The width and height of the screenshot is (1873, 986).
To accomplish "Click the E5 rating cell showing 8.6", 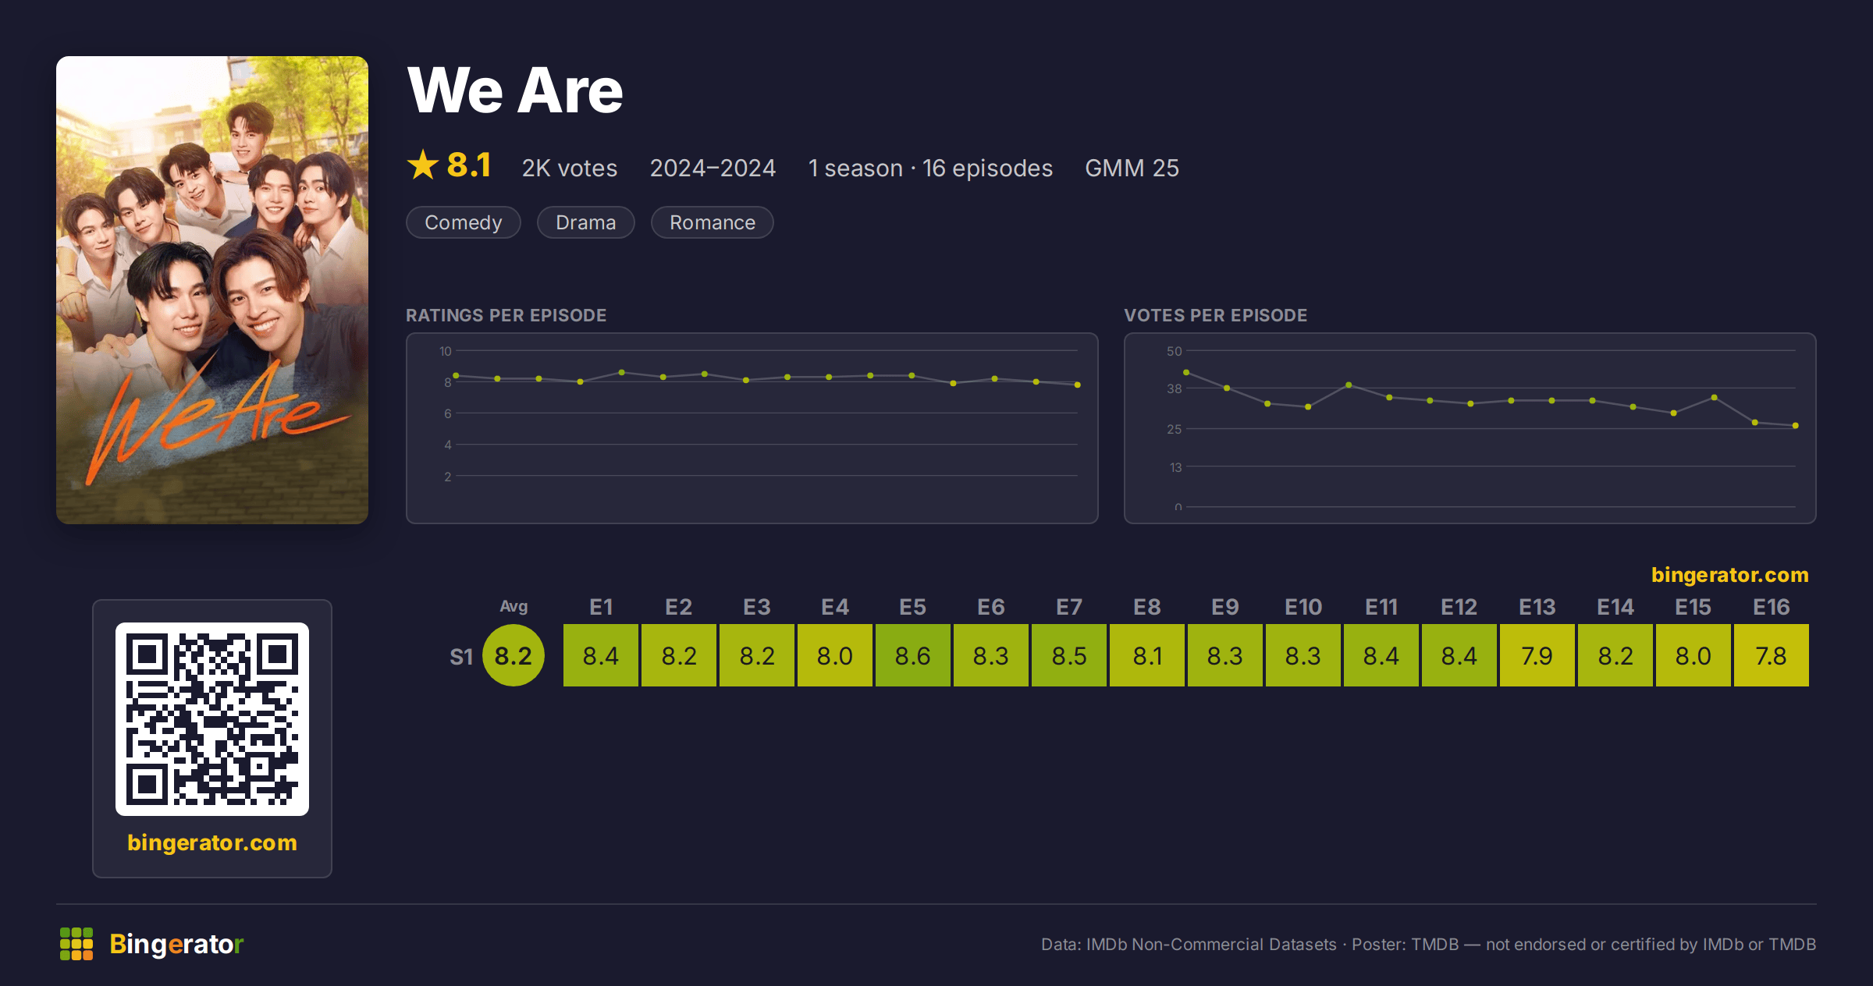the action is point(913,655).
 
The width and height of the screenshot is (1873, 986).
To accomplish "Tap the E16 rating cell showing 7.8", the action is point(1772,655).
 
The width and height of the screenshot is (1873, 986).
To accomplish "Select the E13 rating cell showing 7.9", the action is point(1537,655).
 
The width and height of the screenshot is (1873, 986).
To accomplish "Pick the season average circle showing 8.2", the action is point(514,655).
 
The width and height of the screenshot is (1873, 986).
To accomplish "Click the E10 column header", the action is point(1303,607).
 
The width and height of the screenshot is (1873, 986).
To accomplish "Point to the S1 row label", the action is point(461,657).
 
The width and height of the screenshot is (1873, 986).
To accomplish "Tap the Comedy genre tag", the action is point(464,222).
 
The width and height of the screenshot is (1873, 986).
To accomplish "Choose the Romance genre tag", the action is point(713,222).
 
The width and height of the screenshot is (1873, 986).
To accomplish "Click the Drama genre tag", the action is point(586,222).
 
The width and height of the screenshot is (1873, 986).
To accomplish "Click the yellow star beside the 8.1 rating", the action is point(423,165).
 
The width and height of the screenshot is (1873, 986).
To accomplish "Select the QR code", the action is point(212,719).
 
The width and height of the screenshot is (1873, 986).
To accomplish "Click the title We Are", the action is point(515,90).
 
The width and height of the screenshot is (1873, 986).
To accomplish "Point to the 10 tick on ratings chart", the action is point(446,351).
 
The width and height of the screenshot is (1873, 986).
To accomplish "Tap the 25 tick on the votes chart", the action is point(1175,429).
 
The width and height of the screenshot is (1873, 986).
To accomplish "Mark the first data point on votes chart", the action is point(1186,372).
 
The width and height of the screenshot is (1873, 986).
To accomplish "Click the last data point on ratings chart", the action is point(1078,385).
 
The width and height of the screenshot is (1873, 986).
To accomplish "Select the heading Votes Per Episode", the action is point(1216,315).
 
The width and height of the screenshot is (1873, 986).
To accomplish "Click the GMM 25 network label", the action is point(1132,168).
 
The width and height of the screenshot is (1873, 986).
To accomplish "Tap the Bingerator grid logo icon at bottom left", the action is point(76,944).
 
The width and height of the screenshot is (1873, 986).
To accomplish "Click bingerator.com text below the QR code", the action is point(212,842).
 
